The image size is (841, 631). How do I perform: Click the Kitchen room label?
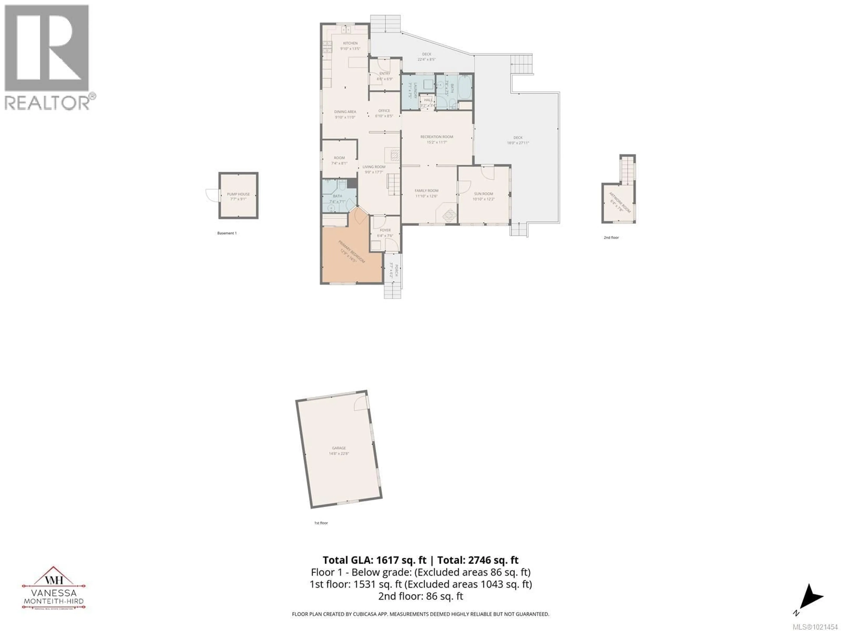(x=350, y=43)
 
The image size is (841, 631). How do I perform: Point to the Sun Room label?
(x=484, y=194)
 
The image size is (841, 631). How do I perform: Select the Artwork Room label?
(x=620, y=202)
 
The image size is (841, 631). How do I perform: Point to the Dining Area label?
(x=345, y=112)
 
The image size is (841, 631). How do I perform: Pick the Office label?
(x=384, y=111)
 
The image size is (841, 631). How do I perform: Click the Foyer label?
(x=385, y=230)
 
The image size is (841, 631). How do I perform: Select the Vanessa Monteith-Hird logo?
(x=54, y=588)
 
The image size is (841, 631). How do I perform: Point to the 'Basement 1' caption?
(x=227, y=233)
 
